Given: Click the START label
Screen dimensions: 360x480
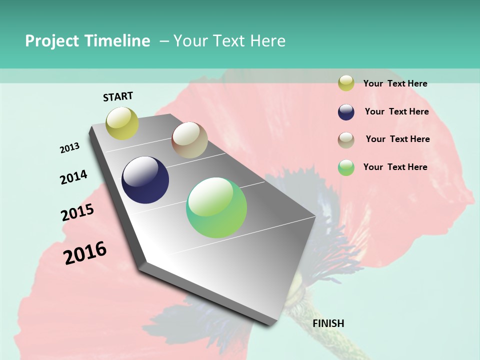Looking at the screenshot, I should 118,96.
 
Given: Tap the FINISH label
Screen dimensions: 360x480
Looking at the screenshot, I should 328,323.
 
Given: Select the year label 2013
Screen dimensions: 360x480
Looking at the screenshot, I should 69,148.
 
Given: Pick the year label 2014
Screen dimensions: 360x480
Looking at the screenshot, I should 73,177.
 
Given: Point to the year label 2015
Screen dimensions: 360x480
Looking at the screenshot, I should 77,212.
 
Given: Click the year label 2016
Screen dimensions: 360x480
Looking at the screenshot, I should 85,252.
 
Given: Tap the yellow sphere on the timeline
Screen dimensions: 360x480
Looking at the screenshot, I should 122,123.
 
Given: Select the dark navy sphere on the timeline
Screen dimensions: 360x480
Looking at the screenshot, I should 145,180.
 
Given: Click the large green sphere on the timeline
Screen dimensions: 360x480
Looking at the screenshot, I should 216,207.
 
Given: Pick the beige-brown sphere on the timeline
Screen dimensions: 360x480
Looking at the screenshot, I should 189,140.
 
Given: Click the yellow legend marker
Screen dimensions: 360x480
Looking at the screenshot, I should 346,83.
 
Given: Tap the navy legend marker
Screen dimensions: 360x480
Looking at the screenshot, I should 346,112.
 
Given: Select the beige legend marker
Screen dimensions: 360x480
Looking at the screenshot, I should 346,140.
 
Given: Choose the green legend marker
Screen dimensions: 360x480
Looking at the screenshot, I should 346,167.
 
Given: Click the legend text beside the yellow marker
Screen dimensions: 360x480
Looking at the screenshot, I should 395,83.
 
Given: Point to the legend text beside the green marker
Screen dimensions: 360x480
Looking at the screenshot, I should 395,167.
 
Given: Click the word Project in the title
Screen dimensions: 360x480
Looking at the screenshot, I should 52,41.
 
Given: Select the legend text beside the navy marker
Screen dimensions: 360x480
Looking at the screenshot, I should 396,111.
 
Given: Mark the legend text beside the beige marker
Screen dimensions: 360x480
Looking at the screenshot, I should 397,139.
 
